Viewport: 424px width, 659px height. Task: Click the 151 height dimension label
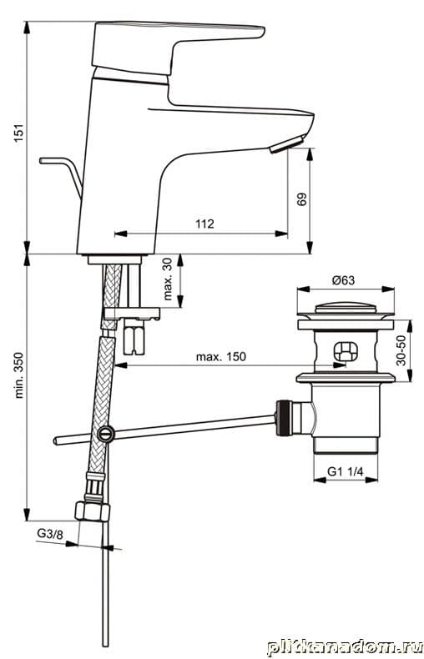(20, 133)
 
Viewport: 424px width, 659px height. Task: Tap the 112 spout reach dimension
(204, 224)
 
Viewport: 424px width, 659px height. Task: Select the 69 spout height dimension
(302, 199)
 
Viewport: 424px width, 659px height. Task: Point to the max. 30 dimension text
(168, 279)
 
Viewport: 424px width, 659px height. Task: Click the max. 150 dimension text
(221, 357)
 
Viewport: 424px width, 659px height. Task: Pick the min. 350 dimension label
(20, 375)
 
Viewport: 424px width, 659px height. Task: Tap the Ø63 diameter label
(343, 280)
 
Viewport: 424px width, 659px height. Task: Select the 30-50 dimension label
(401, 350)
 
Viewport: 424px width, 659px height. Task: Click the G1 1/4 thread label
(345, 471)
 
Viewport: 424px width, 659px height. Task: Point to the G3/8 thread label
(50, 534)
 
